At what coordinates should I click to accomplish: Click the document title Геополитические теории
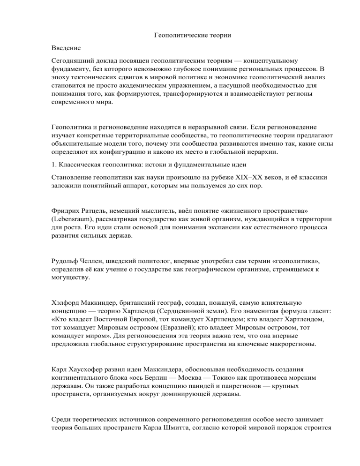coord(180,35)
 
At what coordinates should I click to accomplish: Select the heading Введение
coord(66,48)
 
